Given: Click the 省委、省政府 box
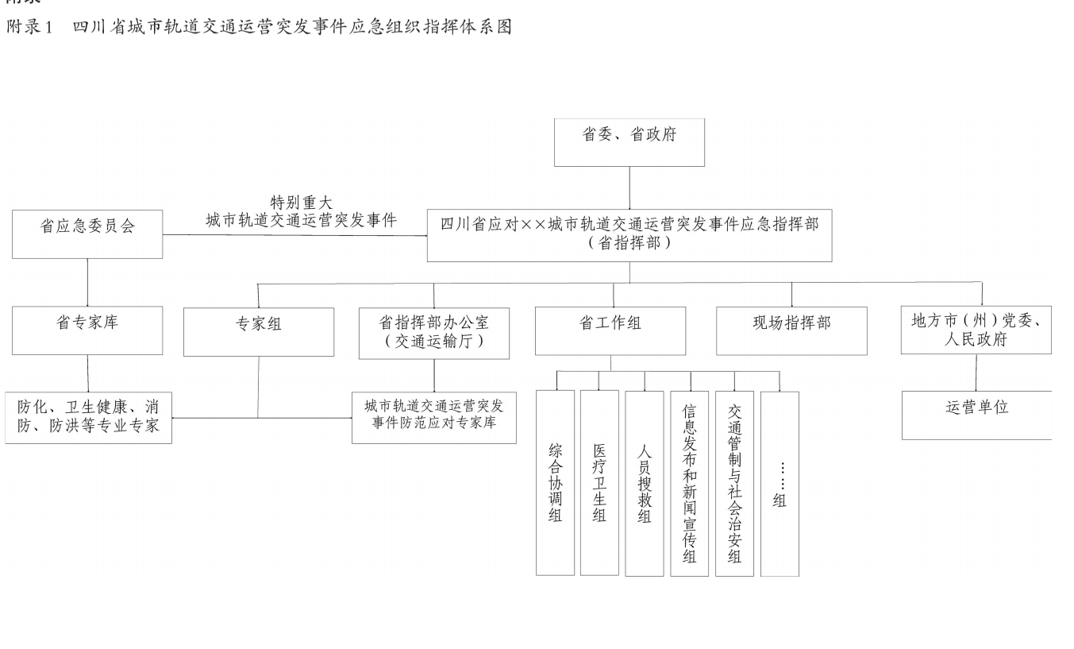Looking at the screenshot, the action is pos(629,142).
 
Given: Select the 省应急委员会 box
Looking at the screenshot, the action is pos(87,234).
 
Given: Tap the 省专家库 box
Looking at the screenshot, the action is pos(87,330).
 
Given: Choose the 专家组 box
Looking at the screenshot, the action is pos(259,332).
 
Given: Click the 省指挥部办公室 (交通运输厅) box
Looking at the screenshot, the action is pos(434,334).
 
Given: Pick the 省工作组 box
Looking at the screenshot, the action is pos(610,331).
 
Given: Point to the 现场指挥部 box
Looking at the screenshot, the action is pos(791,331).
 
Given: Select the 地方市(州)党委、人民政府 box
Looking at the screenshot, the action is pos(976,330).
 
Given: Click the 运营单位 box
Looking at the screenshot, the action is pos(976,415).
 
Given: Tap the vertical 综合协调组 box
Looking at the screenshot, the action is pos(555,482).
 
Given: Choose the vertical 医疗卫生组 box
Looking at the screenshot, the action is pos(599,482).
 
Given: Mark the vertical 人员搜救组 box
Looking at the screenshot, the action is pos(645,484).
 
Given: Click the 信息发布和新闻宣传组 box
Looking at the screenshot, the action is pos(690,484).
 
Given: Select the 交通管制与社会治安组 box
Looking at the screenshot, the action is pos(734,484).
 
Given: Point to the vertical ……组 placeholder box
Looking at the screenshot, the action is pos(780,484).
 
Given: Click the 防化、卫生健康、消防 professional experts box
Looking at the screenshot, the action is pos(88,418).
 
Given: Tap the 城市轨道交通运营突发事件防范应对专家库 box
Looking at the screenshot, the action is pos(434,418).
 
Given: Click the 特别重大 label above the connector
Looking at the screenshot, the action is pos(301,202).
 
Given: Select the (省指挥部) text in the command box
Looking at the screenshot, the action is pos(629,243).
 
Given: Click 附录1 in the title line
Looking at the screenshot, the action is pos(29,26).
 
